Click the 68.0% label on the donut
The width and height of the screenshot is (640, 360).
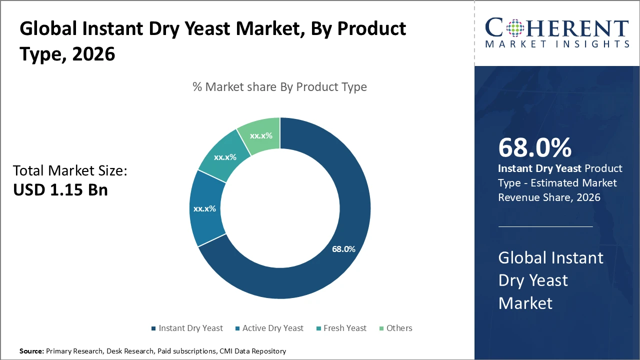click(343, 249)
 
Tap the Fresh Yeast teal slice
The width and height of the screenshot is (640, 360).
click(224, 157)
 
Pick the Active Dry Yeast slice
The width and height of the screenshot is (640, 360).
click(204, 208)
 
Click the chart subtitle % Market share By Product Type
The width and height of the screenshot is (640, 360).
click(279, 87)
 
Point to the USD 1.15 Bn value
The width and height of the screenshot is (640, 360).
click(60, 190)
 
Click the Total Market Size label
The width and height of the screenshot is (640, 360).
click(70, 171)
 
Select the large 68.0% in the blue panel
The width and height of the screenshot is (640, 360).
click(535, 147)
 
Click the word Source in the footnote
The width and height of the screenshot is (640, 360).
click(31, 351)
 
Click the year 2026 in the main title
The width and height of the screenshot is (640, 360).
click(93, 54)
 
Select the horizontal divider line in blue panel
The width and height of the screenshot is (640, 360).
click(545, 226)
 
